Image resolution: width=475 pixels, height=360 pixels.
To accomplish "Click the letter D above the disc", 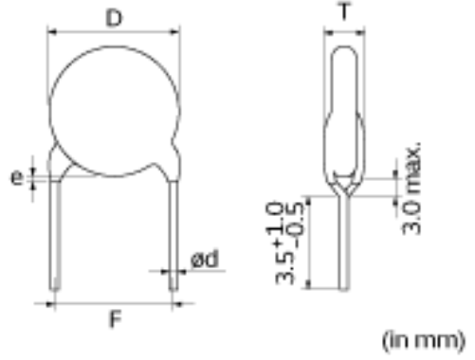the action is click(x=114, y=18).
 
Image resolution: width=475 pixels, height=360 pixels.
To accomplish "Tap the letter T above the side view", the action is click(x=345, y=11).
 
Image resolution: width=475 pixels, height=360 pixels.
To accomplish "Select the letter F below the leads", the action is click(x=116, y=319).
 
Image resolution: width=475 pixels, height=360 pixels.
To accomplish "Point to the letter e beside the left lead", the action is click(x=17, y=177).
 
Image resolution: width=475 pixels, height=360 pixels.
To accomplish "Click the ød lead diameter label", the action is click(x=205, y=260).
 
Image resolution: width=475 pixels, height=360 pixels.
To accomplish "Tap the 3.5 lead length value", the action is click(x=284, y=268).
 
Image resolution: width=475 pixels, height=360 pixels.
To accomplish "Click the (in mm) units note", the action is click(x=424, y=341).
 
